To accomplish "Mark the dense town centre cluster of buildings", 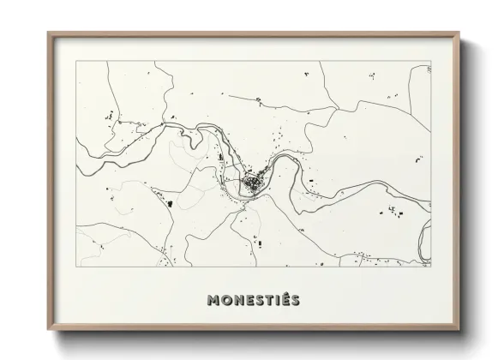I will [x=252, y=183].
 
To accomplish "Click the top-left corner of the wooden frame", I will [x=48, y=33].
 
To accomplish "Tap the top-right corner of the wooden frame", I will [x=460, y=33].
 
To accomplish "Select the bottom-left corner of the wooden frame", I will [x=48, y=330].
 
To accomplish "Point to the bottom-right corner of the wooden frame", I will [x=460, y=330].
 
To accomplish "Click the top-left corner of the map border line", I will [x=76, y=61].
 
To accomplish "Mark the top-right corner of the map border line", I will [x=431, y=61].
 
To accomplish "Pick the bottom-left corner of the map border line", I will [x=76, y=267].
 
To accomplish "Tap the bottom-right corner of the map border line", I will [x=431, y=267].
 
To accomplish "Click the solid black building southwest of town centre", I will [x=169, y=203].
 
